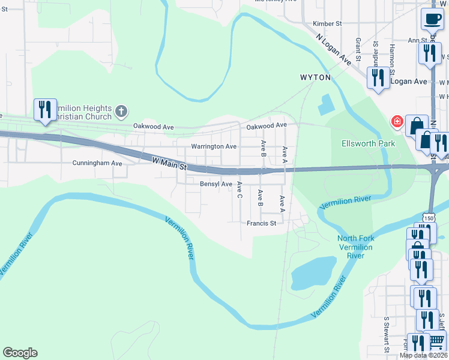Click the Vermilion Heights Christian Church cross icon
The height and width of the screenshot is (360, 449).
point(121,111)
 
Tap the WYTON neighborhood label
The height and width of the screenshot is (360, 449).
point(315,78)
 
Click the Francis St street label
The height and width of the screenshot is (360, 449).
point(261,223)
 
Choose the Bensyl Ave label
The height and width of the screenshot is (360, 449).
point(215,184)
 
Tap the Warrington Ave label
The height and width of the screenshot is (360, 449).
point(214,146)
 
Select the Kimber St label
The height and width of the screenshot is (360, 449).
point(327,24)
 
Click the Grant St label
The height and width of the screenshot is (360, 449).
point(358,49)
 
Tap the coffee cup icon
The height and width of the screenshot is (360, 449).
point(432,19)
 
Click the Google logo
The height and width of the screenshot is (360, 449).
point(20,353)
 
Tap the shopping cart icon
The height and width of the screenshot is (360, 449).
point(436,340)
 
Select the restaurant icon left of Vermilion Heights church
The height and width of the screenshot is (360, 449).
point(45,109)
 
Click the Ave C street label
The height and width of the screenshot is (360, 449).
point(239,190)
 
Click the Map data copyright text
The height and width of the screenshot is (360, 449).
point(424,355)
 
